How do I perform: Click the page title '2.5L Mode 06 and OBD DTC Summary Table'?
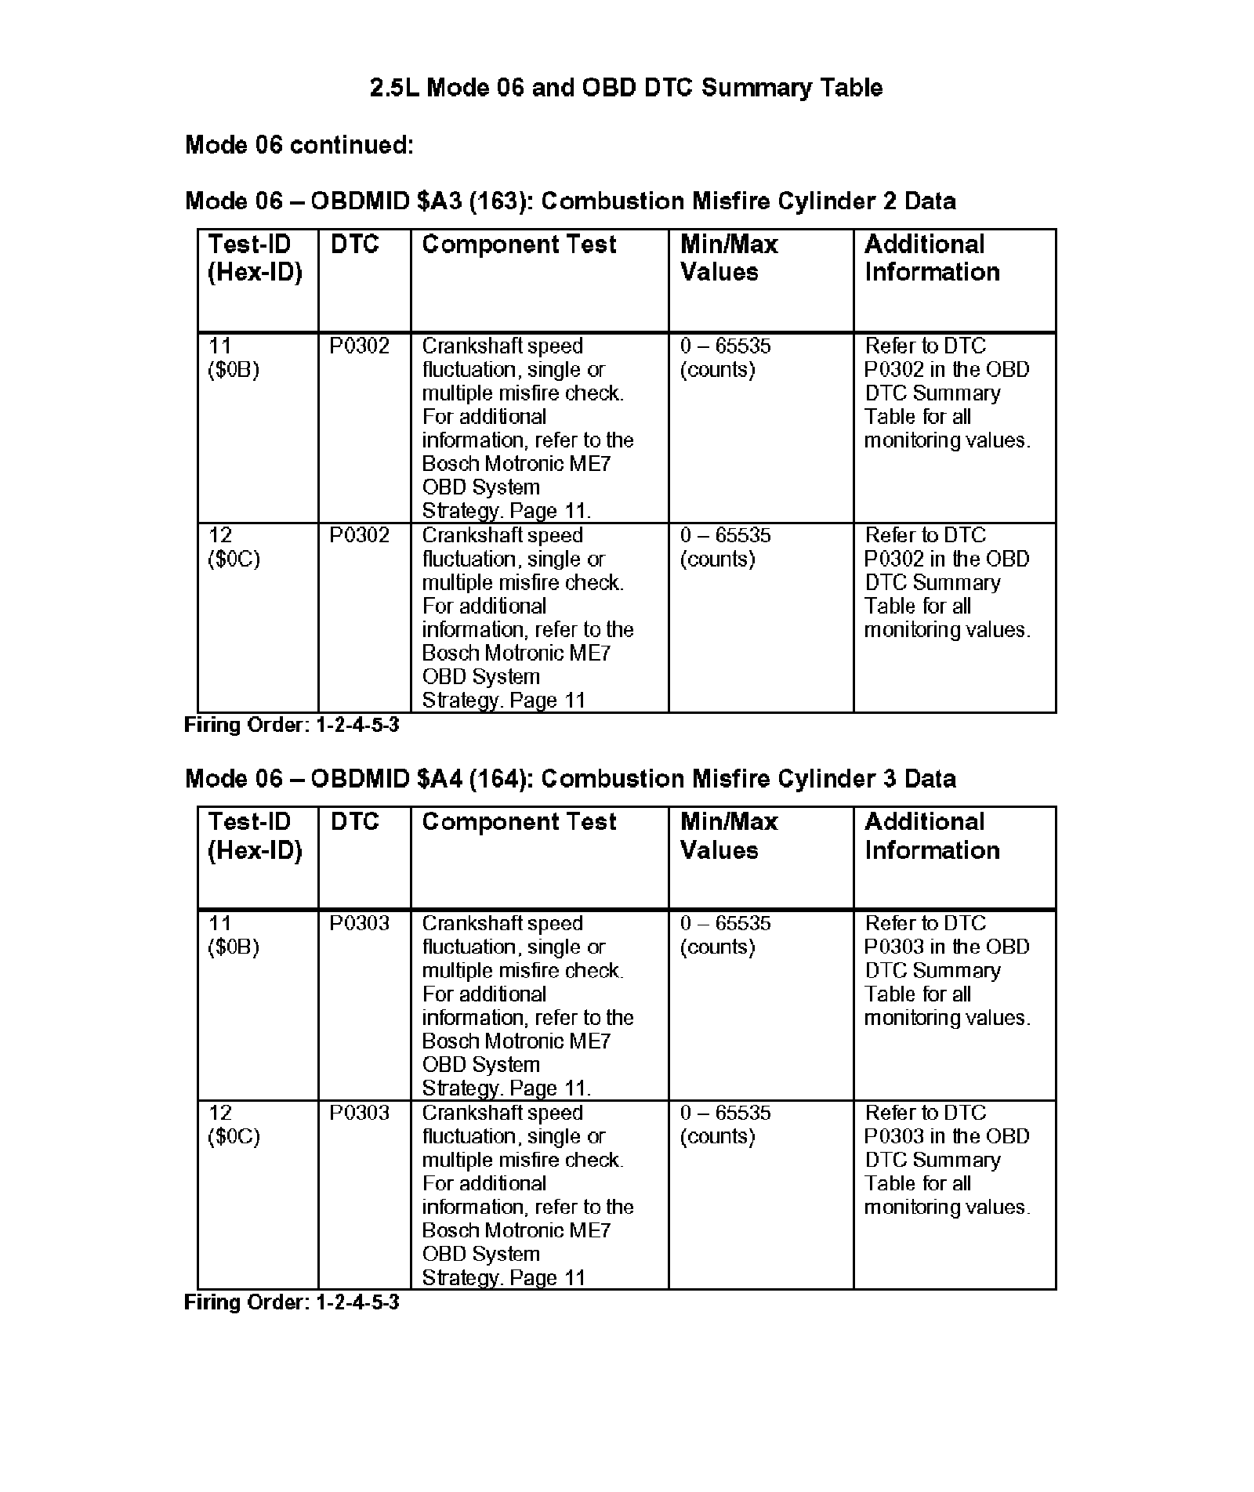click(x=626, y=87)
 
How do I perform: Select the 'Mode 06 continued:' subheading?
click(x=299, y=145)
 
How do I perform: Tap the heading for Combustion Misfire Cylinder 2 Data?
click(x=570, y=201)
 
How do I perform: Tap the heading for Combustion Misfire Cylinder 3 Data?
click(x=570, y=779)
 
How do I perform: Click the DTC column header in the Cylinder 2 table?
click(x=354, y=244)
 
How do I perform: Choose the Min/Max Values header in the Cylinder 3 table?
click(x=729, y=835)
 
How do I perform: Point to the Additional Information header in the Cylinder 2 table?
click(x=932, y=258)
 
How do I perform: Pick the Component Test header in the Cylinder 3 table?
click(x=519, y=822)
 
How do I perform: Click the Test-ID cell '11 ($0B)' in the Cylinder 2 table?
click(x=234, y=358)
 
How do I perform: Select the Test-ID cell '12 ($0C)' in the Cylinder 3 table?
click(x=234, y=1124)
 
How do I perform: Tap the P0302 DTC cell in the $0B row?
click(x=359, y=346)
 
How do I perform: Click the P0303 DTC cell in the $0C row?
click(x=359, y=1113)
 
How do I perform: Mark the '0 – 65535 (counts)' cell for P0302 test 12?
click(x=725, y=547)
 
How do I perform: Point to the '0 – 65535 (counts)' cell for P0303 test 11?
click(x=725, y=935)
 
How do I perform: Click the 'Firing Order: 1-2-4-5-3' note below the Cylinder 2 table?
click(x=292, y=725)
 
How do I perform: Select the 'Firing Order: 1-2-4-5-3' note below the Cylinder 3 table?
click(x=292, y=1302)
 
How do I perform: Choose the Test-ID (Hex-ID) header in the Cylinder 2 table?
click(x=255, y=258)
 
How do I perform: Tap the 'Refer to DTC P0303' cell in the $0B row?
click(x=947, y=970)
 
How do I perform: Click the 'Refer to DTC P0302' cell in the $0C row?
click(x=947, y=582)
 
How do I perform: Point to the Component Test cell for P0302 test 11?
click(x=527, y=428)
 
